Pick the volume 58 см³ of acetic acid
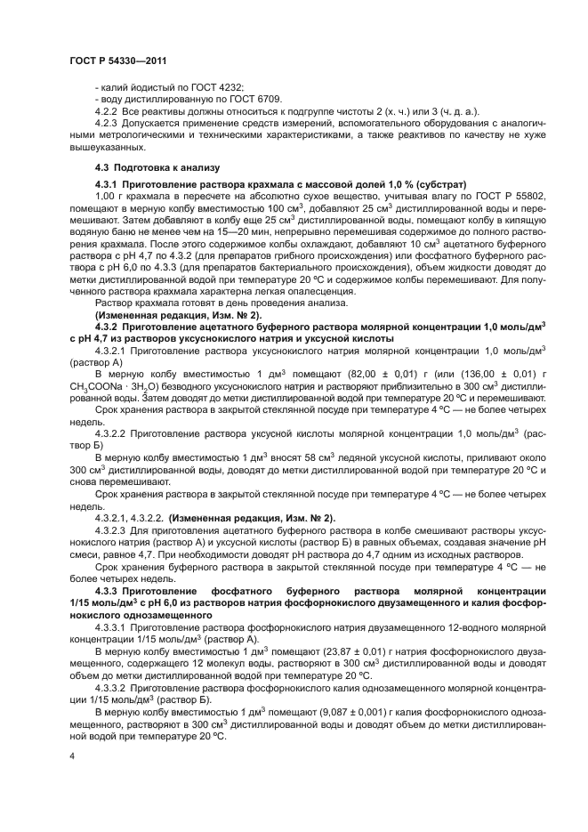pos(298,456)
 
